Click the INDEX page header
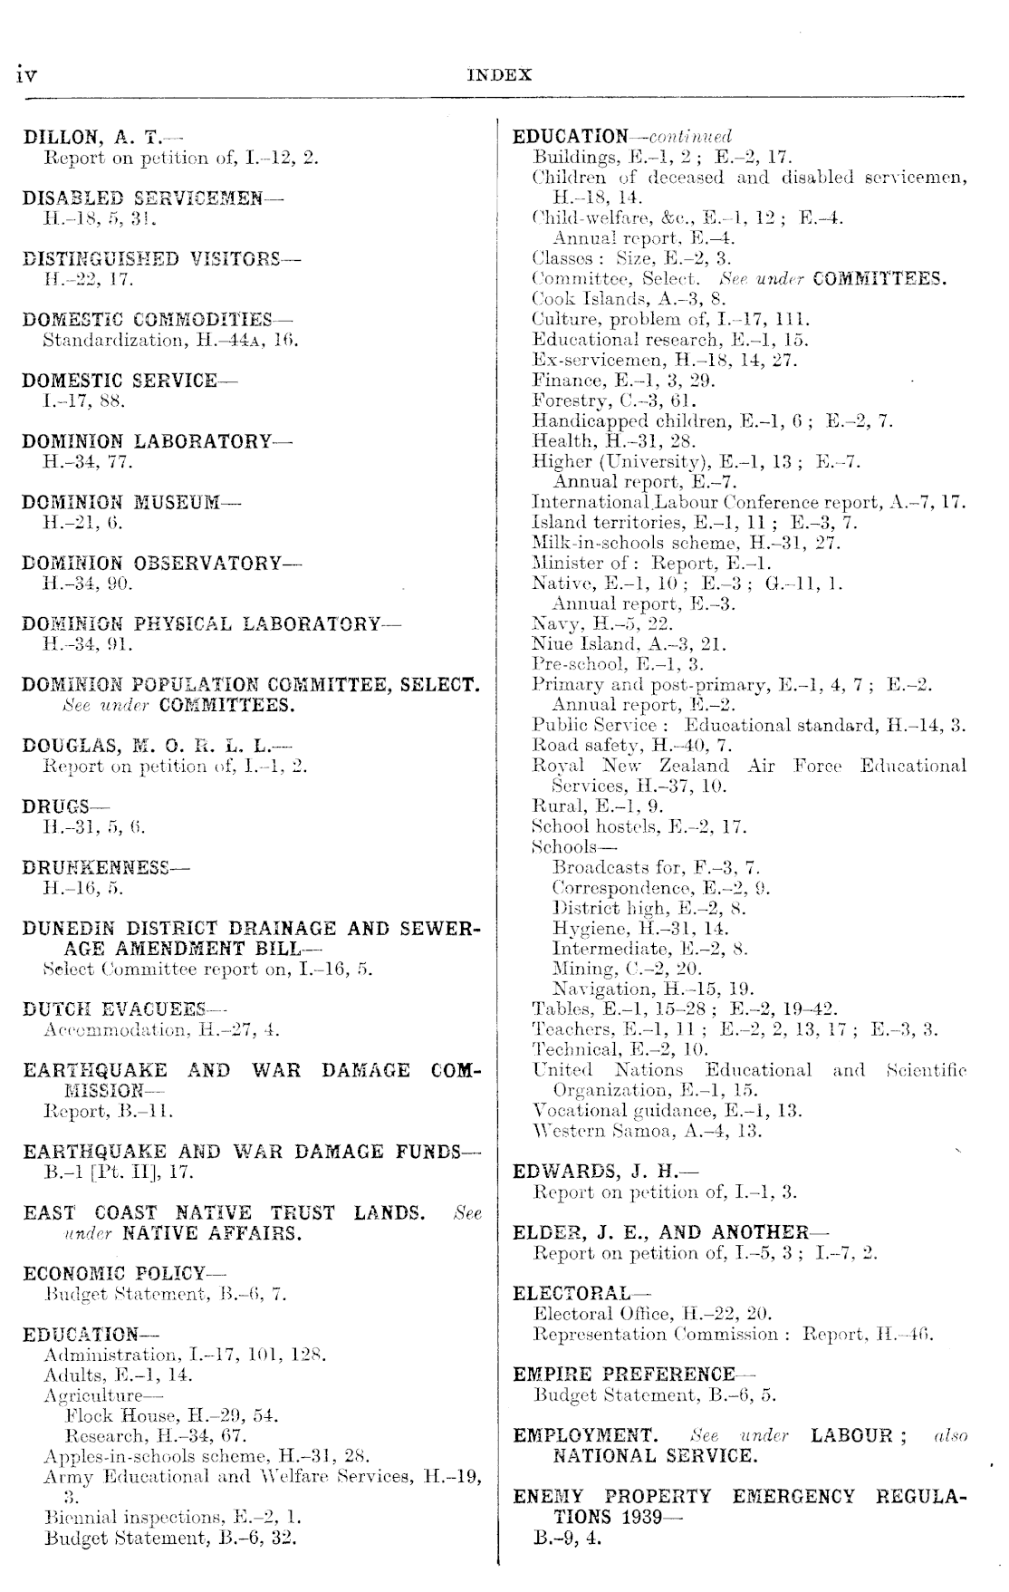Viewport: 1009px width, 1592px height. tap(499, 75)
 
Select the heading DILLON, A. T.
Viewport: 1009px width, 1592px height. tap(91, 138)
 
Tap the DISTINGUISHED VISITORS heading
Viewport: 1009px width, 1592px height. tap(150, 258)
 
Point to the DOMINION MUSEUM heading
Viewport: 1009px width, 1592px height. tap(120, 502)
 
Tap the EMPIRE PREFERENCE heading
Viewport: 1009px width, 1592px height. tap(624, 1375)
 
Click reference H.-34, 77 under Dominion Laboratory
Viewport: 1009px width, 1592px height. tap(88, 462)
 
